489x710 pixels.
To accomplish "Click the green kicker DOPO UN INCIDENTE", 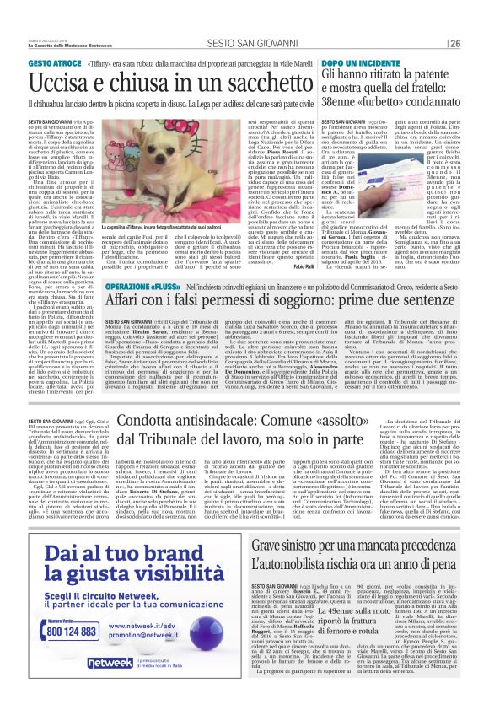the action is pos(353,64).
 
